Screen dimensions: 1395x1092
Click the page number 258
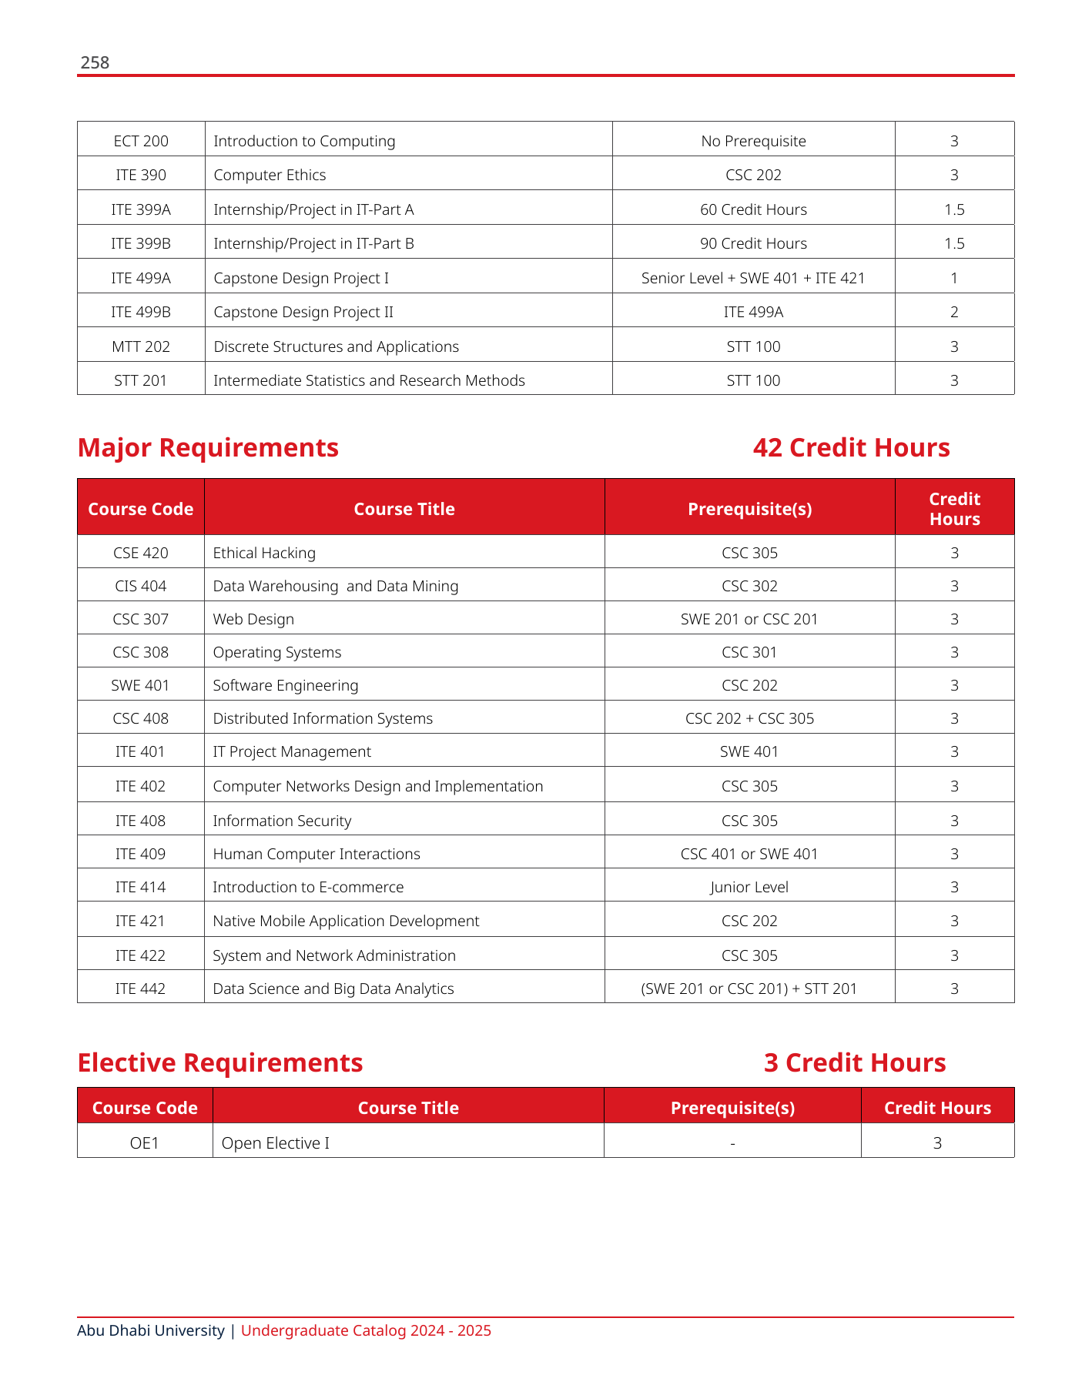click(x=95, y=63)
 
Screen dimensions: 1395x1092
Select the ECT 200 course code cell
click(x=141, y=141)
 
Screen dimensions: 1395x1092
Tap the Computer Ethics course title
click(x=270, y=176)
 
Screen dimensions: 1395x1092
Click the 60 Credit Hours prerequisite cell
click(x=753, y=209)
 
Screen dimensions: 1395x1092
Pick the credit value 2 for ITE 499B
click(x=954, y=312)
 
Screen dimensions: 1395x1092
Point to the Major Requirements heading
click(x=208, y=447)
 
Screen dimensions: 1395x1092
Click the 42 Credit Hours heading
click(x=851, y=447)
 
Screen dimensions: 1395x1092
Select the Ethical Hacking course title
click(x=264, y=553)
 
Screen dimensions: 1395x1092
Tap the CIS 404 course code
click(x=140, y=586)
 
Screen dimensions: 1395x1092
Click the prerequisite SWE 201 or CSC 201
click(x=749, y=619)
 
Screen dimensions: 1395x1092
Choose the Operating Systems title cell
click(x=276, y=652)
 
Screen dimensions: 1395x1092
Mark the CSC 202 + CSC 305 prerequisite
click(x=749, y=718)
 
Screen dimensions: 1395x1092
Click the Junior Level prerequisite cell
click(x=749, y=887)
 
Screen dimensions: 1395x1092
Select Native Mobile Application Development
click(x=346, y=921)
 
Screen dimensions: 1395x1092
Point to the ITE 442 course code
click(x=140, y=989)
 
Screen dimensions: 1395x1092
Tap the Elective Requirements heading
click(x=220, y=1062)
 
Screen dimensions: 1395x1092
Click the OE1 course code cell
click(x=145, y=1143)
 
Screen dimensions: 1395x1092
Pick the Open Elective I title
click(x=275, y=1143)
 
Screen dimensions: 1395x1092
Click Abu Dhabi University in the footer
click(x=151, y=1330)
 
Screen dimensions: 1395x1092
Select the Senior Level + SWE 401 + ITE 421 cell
click(x=753, y=278)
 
